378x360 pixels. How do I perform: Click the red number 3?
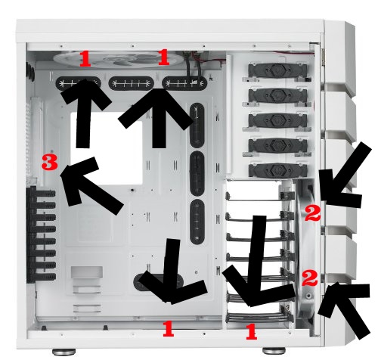[x=50, y=162]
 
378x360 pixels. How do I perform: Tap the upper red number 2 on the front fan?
[x=313, y=213]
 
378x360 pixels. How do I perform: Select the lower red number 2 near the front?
[x=310, y=278]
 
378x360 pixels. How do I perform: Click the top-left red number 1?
[x=85, y=59]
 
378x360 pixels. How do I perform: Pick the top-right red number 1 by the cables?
[x=164, y=57]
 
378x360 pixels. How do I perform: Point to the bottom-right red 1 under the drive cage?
[x=251, y=331]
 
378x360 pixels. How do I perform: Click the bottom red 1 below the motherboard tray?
[x=169, y=329]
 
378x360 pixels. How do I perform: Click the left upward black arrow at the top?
[x=85, y=113]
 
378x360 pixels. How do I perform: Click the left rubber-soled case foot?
[x=64, y=351]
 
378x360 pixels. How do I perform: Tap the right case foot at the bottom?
[x=274, y=350]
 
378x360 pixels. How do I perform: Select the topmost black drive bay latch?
[x=277, y=71]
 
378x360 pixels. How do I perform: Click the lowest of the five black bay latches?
[x=277, y=170]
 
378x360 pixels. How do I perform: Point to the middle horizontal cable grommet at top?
[x=131, y=83]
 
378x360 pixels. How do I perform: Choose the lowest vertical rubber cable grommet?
[x=197, y=222]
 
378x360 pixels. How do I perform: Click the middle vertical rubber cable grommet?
[x=197, y=173]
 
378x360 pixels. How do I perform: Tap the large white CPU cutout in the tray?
[x=107, y=148]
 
